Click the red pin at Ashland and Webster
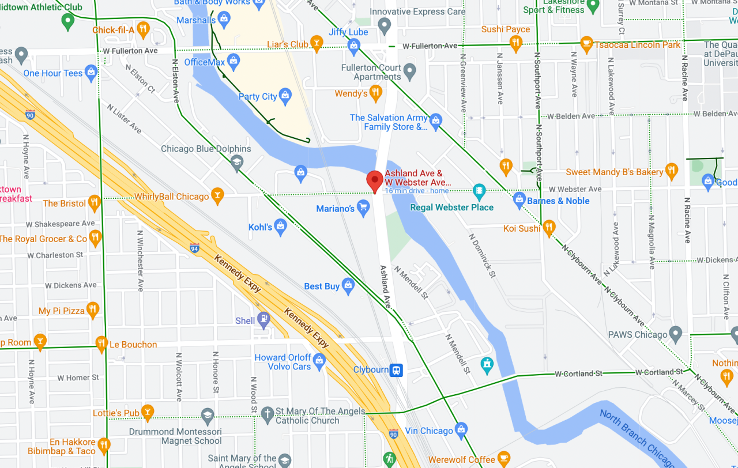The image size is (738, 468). [375, 180]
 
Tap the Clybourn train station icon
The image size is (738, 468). [396, 370]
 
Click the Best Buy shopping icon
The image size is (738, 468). [348, 285]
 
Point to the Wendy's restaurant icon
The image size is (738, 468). [375, 92]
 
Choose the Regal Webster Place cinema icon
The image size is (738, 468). [479, 190]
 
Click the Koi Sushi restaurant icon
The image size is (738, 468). [549, 228]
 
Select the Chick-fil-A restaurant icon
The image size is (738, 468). [143, 29]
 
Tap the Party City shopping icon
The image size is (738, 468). [285, 96]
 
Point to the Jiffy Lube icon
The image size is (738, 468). [353, 45]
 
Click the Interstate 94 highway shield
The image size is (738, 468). [195, 247]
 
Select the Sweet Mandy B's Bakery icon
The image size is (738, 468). [671, 171]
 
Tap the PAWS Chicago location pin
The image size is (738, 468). [676, 334]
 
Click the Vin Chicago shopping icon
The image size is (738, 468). [461, 430]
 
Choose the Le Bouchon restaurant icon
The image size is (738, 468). [101, 344]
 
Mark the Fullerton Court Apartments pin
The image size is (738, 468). [409, 72]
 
